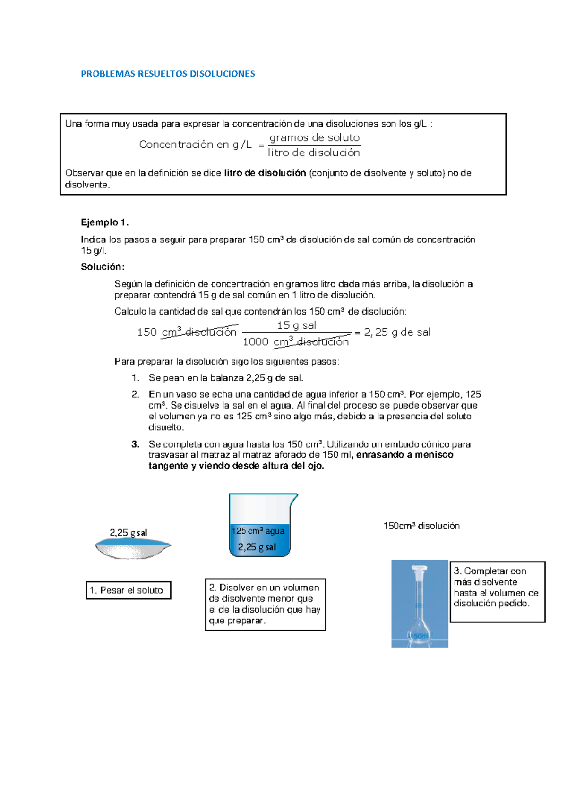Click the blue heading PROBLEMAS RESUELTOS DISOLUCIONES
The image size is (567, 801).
168,74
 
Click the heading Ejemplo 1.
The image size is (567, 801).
104,222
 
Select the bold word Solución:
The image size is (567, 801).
103,267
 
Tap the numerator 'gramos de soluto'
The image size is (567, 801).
314,138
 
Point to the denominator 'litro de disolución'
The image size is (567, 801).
314,153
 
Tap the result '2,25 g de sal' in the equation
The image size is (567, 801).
397,332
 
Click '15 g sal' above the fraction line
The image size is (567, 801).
296,325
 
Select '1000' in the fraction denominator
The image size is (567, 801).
256,342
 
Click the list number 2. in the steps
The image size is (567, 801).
136,394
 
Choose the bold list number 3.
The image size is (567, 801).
136,444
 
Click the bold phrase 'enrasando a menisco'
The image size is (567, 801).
405,455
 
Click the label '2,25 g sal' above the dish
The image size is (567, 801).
128,533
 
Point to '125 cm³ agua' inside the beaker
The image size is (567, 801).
258,531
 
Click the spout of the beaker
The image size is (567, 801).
293,499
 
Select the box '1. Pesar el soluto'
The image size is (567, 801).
128,590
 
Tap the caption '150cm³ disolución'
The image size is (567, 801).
421,526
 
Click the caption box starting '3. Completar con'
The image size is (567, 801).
497,591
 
